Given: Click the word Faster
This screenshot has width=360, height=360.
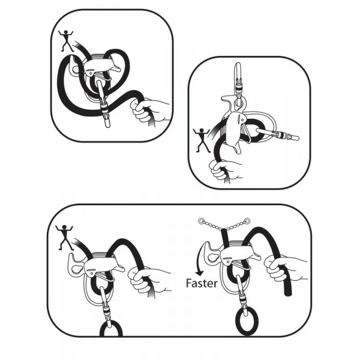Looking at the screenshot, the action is pos(202,283).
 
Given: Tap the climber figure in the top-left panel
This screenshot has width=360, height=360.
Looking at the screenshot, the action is pos(65,40).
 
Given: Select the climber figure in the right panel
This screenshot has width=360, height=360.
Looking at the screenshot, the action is pos(202,140).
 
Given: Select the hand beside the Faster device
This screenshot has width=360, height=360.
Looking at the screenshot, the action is pos(284,268).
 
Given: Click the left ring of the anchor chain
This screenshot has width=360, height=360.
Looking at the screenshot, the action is pos(201,221).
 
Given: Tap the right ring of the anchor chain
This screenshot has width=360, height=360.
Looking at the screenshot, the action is pos(247,221).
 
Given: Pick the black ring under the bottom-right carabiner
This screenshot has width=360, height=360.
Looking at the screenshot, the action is pos(247,321).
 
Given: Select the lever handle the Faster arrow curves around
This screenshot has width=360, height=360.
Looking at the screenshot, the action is pos(212,253).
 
